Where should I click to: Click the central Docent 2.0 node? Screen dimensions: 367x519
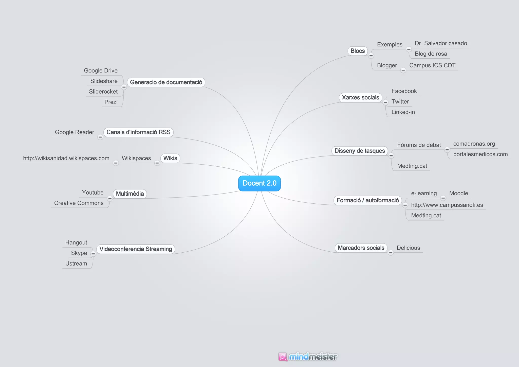pos(259,183)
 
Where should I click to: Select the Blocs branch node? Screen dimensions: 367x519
pos(357,51)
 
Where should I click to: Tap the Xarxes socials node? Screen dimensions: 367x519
pos(360,98)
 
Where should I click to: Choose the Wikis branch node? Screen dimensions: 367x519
pos(170,158)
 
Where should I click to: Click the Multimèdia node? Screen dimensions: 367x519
pos(130,194)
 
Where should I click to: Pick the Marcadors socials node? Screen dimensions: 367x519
pos(361,248)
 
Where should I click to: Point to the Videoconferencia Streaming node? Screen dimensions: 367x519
pos(136,249)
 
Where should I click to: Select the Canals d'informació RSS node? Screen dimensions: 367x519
pos(138,132)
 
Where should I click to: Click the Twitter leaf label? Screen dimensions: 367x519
pos(400,102)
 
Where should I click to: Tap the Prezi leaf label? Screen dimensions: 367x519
pos(111,102)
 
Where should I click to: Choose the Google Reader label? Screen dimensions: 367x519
pos(75,132)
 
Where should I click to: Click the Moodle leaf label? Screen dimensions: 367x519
pos(458,193)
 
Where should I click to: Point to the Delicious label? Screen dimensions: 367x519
pos(408,248)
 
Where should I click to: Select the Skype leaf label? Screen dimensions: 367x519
pos(79,253)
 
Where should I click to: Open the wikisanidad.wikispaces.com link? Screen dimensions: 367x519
pos(66,158)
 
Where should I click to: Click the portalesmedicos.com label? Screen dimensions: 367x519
pos(480,154)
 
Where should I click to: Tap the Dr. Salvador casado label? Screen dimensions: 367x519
pos(441,43)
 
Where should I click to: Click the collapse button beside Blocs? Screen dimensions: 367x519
pos(371,56)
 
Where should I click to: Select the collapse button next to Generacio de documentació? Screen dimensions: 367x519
pos(124,87)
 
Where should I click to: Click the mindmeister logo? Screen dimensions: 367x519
pos(308,357)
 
